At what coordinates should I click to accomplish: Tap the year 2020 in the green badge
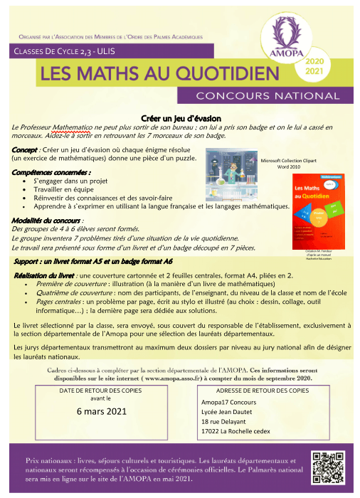[x=314, y=63]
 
